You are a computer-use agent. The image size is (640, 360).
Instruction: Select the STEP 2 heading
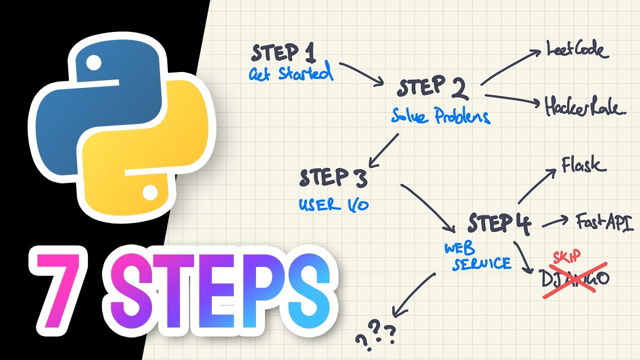point(433,88)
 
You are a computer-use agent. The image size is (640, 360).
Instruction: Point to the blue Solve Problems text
point(440,116)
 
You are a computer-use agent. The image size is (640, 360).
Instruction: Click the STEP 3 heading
point(333,178)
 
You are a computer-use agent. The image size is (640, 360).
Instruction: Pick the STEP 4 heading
point(499,223)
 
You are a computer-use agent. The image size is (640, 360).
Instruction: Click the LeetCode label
point(575,50)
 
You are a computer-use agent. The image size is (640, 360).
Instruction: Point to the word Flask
point(583,164)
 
